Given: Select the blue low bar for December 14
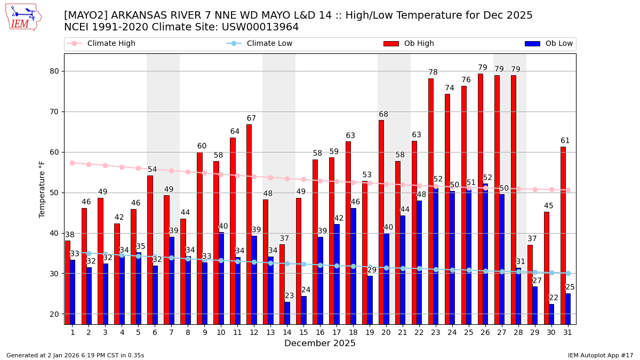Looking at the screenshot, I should click(287, 313).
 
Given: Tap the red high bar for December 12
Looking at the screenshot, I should click(249, 224).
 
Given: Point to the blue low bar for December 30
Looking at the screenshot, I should click(551, 314).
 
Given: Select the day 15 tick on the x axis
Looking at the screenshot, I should click(303, 332).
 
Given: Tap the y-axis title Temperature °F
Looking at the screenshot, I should click(42, 189).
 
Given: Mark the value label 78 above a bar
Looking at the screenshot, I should click(433, 73).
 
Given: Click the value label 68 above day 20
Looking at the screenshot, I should click(383, 115).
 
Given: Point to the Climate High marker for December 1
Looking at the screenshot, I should click(72, 163).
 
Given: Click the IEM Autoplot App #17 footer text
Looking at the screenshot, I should click(601, 355).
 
